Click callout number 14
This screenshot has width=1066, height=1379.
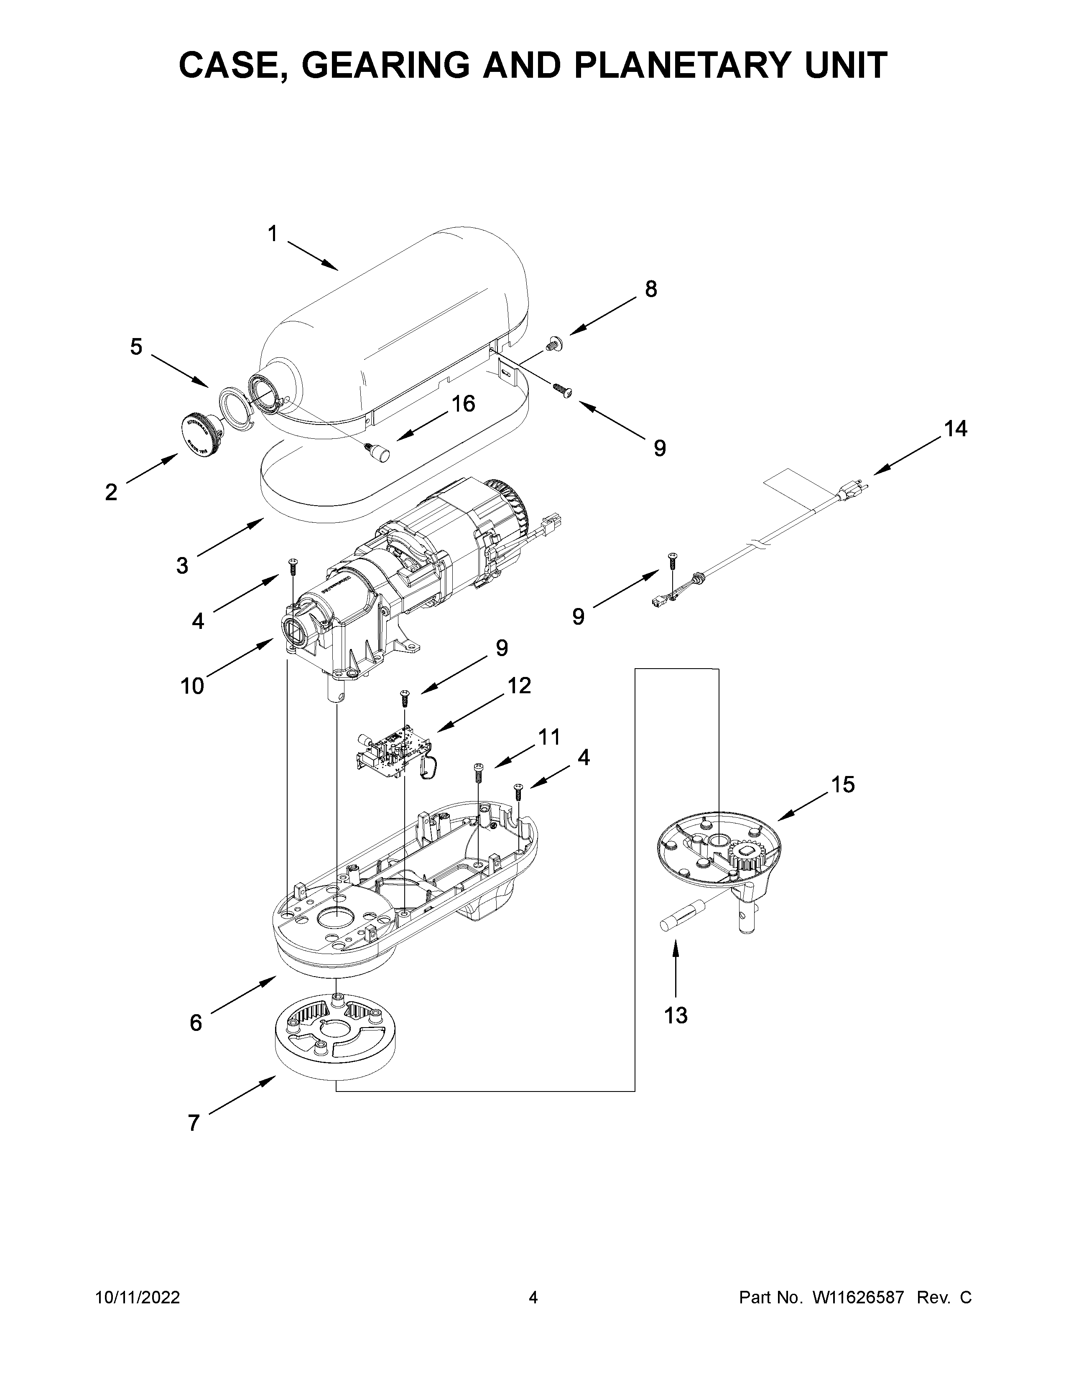(x=955, y=429)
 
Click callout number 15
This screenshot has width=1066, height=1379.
(x=842, y=785)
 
